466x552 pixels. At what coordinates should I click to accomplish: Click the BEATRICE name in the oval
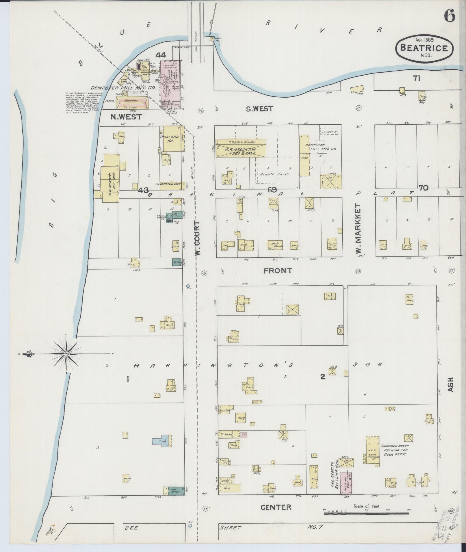click(424, 48)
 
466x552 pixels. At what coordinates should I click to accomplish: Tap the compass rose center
click(66, 353)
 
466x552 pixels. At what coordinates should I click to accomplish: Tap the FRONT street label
click(278, 271)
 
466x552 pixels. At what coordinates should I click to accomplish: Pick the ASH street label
click(450, 385)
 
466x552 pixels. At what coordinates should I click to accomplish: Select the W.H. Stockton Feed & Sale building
click(241, 148)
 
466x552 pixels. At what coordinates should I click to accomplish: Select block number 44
click(161, 55)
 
